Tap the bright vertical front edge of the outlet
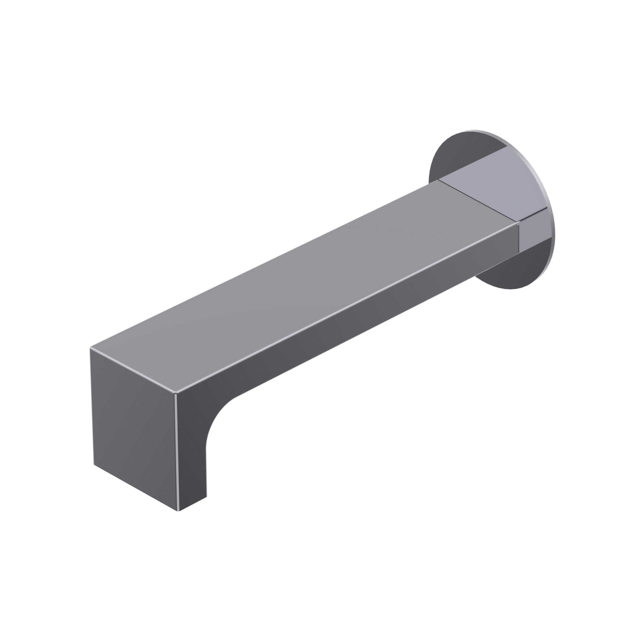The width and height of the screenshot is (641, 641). pyautogui.click(x=177, y=452)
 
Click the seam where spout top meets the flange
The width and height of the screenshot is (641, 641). pyautogui.click(x=477, y=203)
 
